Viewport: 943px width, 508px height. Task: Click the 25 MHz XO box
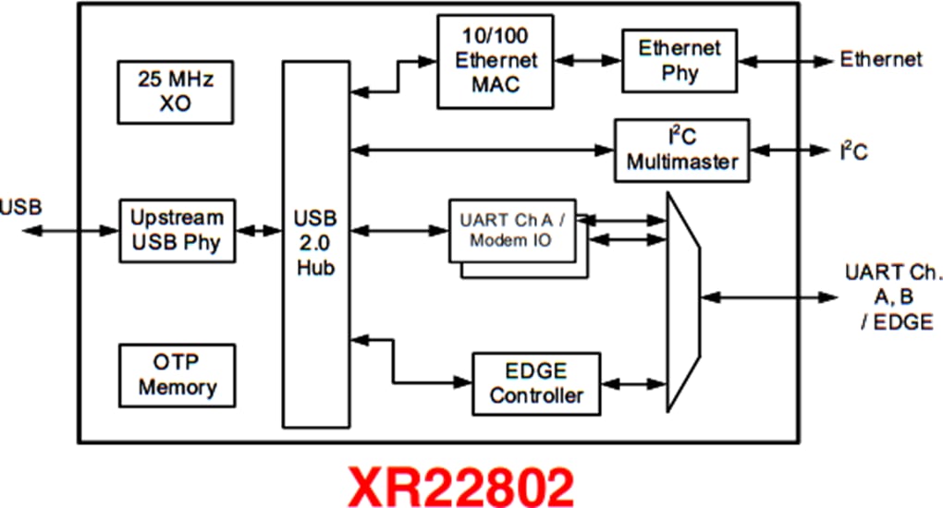point(176,91)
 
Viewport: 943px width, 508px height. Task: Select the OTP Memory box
point(176,373)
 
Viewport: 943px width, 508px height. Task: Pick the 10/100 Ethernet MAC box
point(496,61)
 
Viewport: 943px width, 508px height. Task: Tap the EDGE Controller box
point(536,383)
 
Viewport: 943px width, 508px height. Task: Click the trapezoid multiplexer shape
point(683,296)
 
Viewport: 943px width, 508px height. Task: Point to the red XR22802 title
point(459,484)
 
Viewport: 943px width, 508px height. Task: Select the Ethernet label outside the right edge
point(880,60)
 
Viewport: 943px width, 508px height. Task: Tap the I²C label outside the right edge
point(852,151)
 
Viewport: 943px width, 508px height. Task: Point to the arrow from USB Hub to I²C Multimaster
point(482,150)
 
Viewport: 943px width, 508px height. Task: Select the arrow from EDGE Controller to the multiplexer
point(633,383)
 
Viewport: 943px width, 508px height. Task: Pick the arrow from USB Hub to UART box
point(398,229)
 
